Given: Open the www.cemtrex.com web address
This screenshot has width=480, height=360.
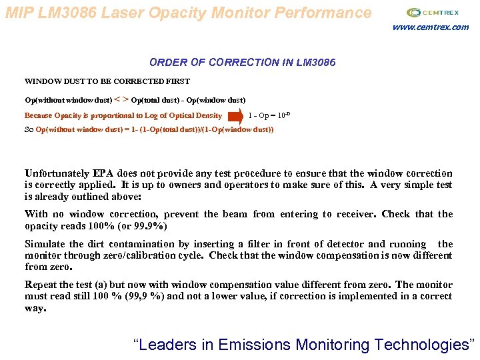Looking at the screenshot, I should [430, 27].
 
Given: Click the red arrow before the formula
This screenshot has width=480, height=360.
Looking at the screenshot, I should [235, 116].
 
